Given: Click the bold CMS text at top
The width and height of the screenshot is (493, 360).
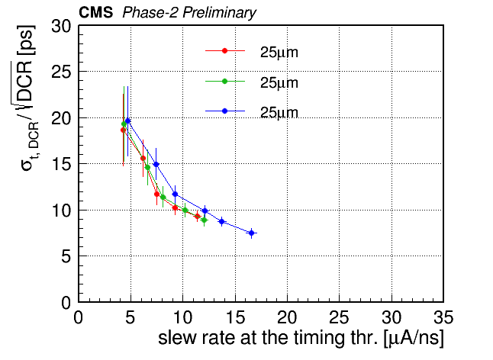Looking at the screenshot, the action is [95, 12].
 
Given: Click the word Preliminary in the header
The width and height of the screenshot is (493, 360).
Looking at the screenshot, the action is [220, 13].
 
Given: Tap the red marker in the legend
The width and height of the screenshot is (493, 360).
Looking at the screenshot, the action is [224, 50].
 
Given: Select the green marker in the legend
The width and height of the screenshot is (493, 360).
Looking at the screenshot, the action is [224, 81].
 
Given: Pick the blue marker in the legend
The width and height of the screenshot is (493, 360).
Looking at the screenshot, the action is [224, 111].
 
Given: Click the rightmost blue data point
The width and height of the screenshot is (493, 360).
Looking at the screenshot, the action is [251, 233].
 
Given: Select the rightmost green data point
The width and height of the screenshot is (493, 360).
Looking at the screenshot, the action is [204, 220].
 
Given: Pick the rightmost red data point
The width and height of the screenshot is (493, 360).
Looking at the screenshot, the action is [197, 216].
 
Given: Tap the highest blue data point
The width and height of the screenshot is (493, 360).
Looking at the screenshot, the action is [127, 121].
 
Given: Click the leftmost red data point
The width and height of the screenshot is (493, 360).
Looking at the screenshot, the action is [123, 130].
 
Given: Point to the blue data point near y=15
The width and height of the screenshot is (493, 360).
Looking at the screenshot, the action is [156, 164].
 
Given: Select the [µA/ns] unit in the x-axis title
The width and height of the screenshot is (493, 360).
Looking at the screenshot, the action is [414, 339].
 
